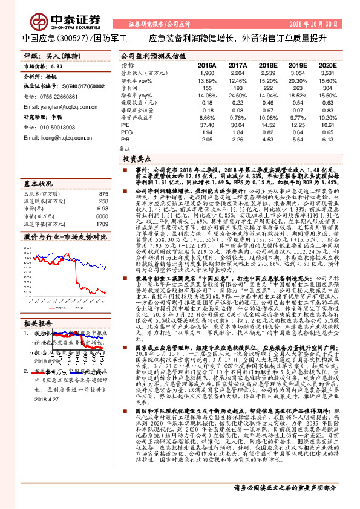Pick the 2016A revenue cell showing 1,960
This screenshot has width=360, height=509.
pos(207,73)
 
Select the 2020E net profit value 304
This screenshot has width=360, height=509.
pos(328,88)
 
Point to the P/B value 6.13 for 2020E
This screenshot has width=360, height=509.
pos(327,138)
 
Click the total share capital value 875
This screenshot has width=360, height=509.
pos(102,193)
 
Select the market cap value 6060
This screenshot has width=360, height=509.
pos(101,216)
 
